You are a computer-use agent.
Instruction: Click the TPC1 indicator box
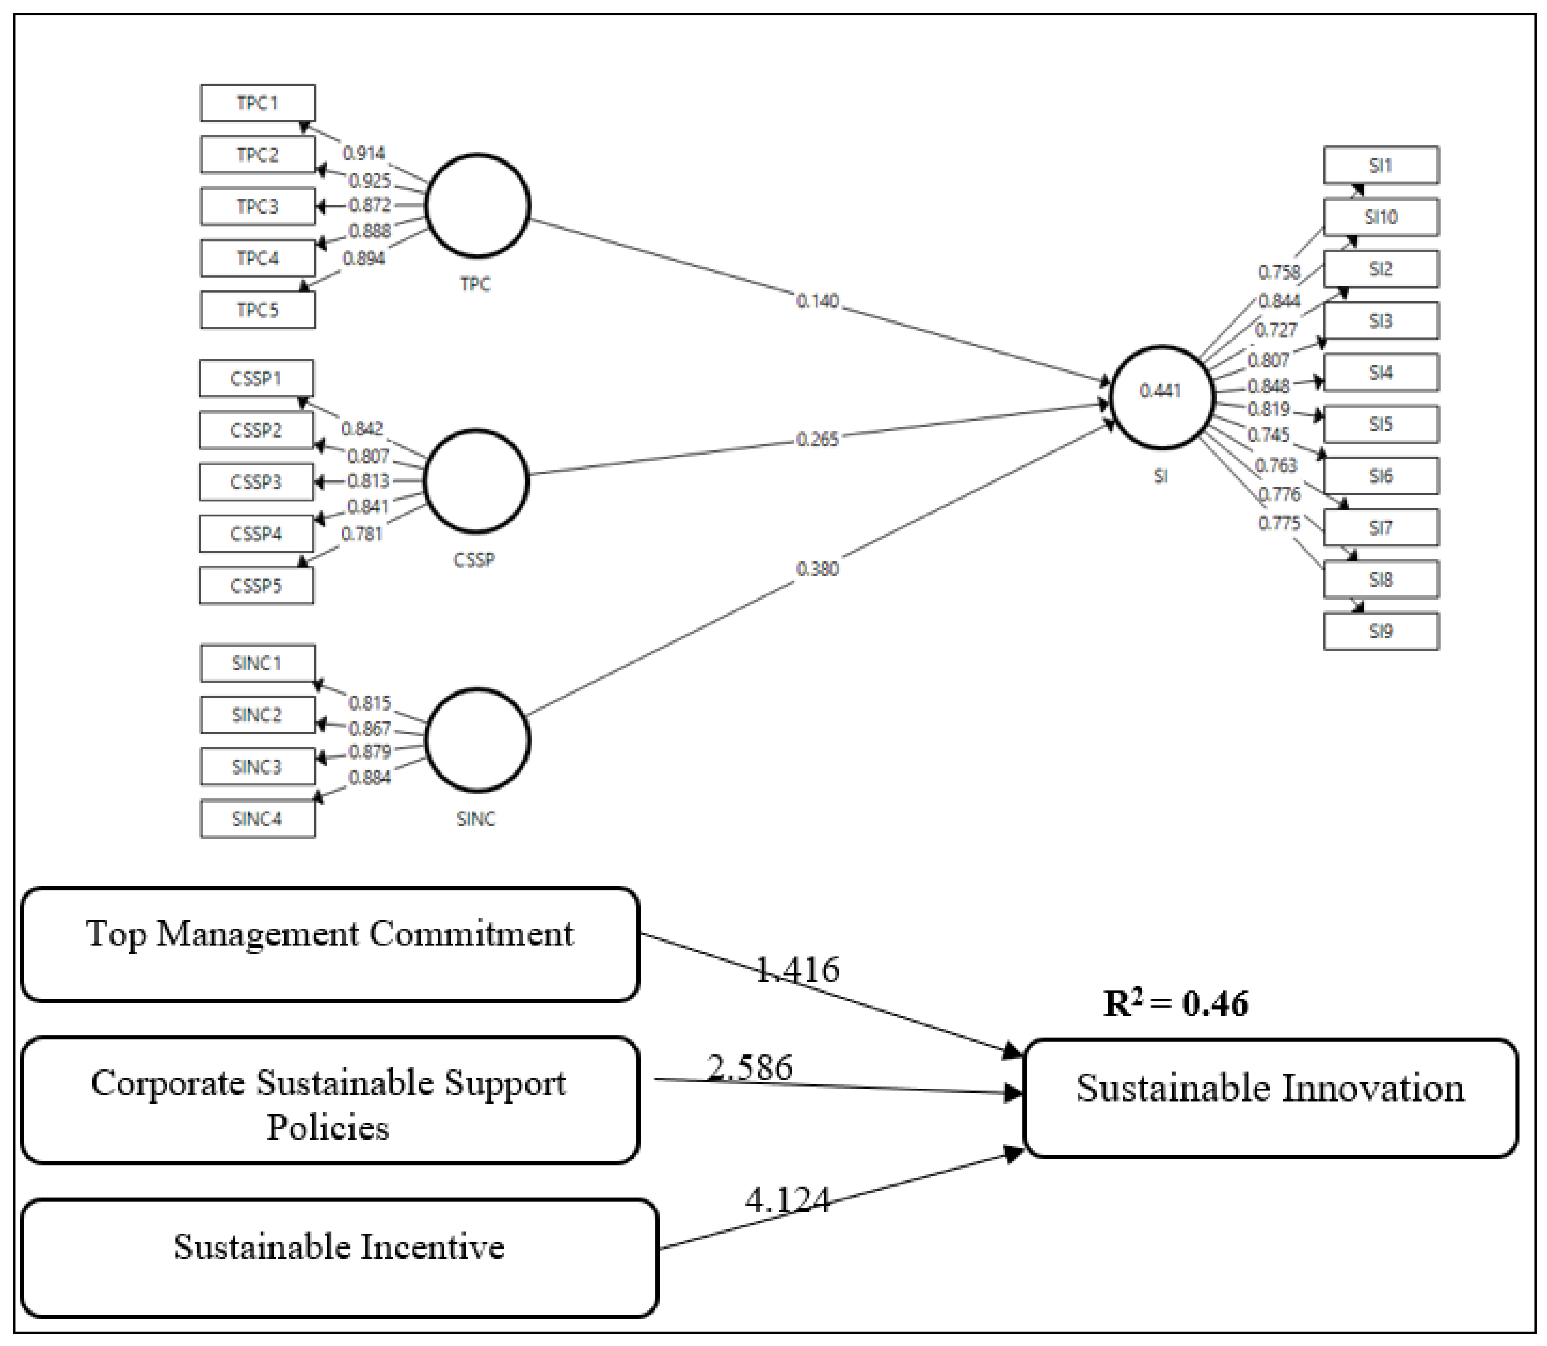click(258, 103)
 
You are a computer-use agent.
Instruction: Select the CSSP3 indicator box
click(256, 482)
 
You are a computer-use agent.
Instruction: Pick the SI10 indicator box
click(1380, 217)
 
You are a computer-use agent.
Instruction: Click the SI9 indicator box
click(1380, 631)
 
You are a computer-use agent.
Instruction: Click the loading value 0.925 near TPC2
click(370, 180)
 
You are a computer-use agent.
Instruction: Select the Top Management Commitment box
click(330, 944)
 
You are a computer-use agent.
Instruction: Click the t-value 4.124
click(788, 1199)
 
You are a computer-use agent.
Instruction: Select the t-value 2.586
click(749, 1067)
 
